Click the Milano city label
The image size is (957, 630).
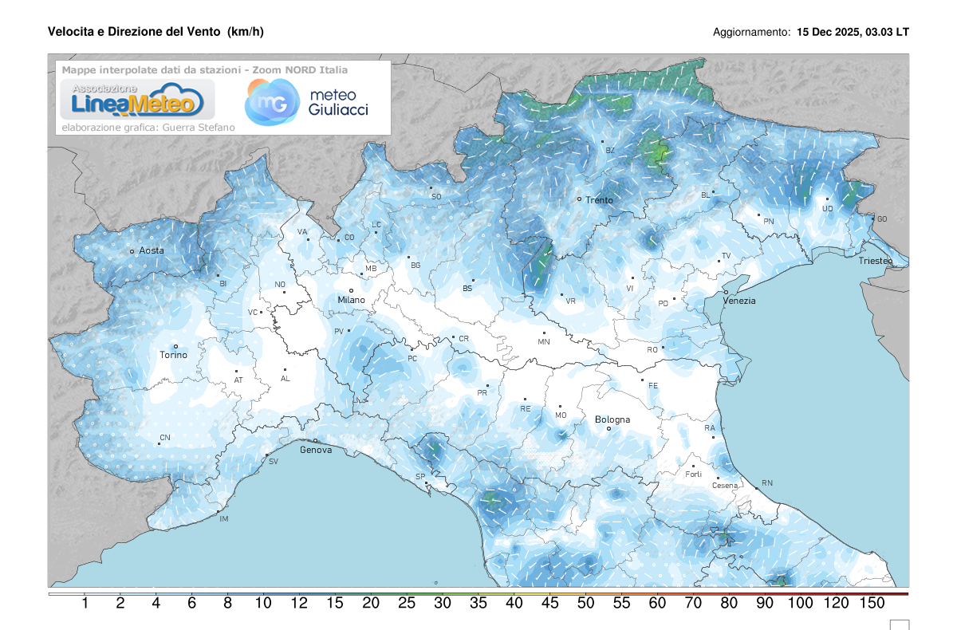tap(351, 300)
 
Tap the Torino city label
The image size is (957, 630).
tap(173, 355)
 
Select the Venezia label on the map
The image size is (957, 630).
tap(739, 301)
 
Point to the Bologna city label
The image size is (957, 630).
tap(612, 419)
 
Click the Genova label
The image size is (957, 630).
tap(316, 450)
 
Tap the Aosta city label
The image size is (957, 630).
tap(152, 250)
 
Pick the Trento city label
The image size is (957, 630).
tap(599, 200)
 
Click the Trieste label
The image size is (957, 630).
tap(876, 262)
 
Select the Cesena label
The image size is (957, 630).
tap(703, 486)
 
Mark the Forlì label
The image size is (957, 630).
tap(693, 474)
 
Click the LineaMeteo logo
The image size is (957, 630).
tap(132, 99)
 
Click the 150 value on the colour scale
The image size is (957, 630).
tap(872, 604)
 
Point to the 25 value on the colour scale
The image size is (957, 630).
tap(407, 604)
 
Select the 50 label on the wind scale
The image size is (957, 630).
tap(585, 604)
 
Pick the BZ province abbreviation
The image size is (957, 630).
tap(610, 150)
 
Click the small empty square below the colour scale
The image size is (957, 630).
tap(899, 624)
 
